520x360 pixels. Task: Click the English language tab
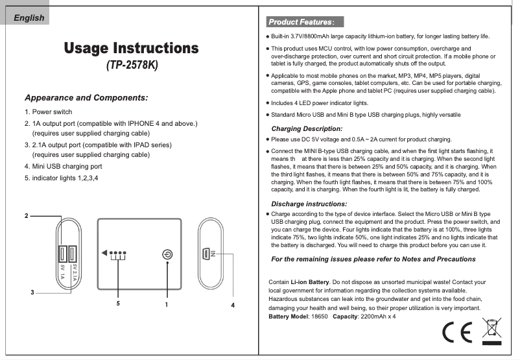coord(30,18)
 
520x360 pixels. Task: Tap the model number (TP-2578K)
coord(132,66)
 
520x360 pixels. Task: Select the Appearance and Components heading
coord(86,98)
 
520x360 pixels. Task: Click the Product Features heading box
coord(301,22)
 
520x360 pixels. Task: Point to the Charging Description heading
coord(307,128)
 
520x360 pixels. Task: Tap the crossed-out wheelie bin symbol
coord(492,330)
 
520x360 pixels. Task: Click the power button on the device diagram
coord(167,254)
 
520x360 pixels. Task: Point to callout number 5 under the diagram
coord(118,303)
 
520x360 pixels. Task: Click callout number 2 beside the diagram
coord(27,215)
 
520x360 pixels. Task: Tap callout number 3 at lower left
coord(32,293)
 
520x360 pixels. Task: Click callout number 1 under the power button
coord(167,303)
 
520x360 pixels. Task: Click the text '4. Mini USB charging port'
coord(63,166)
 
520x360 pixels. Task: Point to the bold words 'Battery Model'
coord(290,316)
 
